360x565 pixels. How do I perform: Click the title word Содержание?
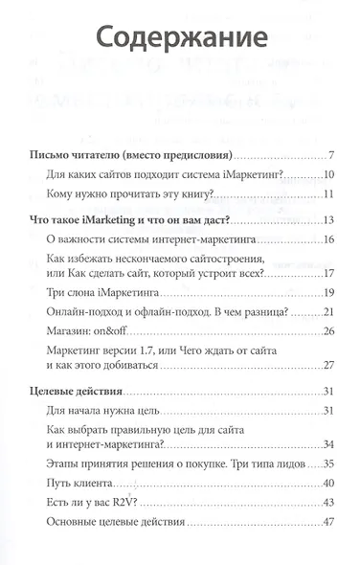180,40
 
